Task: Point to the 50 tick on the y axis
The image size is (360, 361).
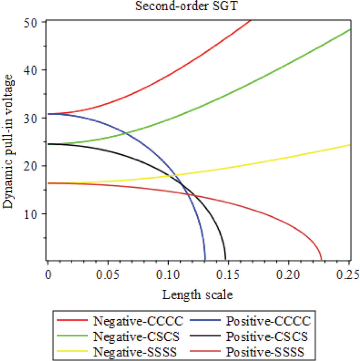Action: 35,22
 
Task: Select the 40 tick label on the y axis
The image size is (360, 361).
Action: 35,70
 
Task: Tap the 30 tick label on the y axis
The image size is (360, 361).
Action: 35,118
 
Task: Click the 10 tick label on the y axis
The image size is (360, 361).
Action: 35,214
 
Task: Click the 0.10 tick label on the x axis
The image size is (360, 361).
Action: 168,275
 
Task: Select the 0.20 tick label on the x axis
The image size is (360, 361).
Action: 289,275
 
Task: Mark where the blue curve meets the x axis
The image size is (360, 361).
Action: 205,260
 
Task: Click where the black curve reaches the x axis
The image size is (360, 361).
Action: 226,260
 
